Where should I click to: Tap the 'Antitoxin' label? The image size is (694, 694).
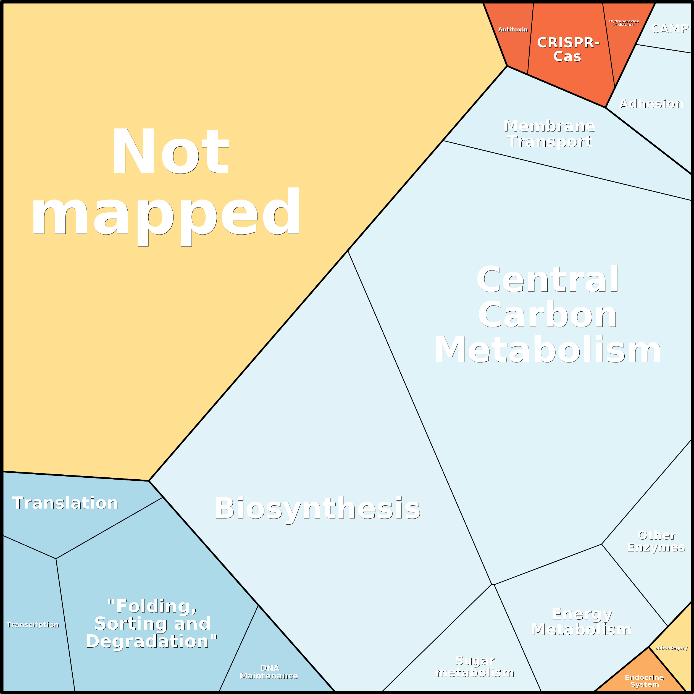(512, 30)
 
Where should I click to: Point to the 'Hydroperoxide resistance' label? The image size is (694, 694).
(624, 23)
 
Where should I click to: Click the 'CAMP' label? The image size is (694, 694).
(670, 29)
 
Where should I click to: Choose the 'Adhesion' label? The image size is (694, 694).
(651, 104)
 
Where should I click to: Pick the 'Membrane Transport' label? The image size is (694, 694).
(550, 134)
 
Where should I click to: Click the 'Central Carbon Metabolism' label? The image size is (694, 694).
(548, 315)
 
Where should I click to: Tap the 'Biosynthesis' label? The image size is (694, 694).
(317, 508)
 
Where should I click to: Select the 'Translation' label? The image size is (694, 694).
(65, 503)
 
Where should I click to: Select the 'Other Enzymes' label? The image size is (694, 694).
(656, 541)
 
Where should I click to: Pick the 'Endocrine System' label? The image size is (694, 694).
(645, 681)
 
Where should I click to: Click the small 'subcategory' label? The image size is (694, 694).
(671, 648)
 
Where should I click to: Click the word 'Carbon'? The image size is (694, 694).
(548, 315)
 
